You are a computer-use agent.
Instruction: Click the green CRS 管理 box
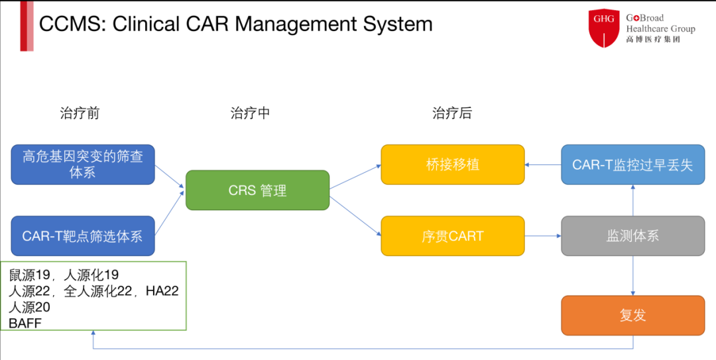pos(257,190)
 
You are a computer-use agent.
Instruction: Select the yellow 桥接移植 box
pos(453,164)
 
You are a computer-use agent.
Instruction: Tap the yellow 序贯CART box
pos(453,236)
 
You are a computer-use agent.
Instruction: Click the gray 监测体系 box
pos(633,236)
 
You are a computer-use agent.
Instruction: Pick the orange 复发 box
pos(633,316)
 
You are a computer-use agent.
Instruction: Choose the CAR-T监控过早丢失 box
pos(633,164)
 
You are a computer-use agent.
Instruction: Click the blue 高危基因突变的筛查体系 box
pos(83,164)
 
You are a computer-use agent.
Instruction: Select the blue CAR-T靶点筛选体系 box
pos(83,236)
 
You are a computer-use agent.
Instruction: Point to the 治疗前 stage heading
pos(80,113)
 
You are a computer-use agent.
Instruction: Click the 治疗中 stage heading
pos(250,113)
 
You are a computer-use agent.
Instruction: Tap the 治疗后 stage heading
pos(452,113)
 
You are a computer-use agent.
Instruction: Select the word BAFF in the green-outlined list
pos(25,324)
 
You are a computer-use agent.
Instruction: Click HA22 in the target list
pos(162,292)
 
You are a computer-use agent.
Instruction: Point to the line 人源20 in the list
pos(29,307)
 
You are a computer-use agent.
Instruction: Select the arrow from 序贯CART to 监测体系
pos(543,236)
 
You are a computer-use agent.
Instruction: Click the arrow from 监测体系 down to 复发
pos(633,276)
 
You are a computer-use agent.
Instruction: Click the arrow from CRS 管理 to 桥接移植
pos(355,177)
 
